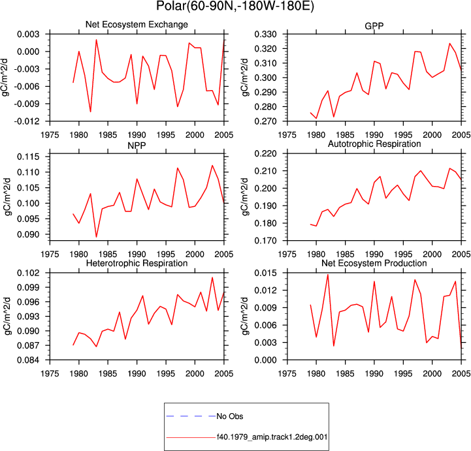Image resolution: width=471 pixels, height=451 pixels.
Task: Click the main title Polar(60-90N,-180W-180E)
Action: pos(235,6)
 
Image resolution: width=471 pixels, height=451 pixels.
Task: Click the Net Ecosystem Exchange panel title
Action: pos(137,24)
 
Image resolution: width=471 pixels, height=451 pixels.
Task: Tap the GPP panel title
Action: pos(374,26)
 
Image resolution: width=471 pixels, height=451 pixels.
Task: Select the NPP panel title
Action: pos(137,146)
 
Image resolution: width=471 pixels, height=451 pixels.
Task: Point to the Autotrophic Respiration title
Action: pos(374,144)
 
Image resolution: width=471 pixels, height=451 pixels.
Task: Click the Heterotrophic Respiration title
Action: pos(137,263)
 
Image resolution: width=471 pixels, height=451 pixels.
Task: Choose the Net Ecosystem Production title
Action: pos(374,263)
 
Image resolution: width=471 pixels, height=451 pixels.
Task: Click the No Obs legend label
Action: pos(230,416)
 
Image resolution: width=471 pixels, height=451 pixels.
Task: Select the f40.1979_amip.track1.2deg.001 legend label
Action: pos(272,437)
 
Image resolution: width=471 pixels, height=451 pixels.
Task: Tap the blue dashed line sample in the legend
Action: pos(191,416)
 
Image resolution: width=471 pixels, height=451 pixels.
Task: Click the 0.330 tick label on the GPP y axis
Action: pos(265,34)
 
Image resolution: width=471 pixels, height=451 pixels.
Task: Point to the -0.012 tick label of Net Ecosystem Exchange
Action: pos(26,121)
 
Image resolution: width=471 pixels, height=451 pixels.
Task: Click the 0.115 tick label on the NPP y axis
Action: pos(28,157)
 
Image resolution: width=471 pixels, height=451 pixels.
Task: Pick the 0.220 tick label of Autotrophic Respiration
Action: pos(265,153)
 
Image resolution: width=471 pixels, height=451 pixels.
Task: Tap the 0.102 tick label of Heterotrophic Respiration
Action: pos(28,273)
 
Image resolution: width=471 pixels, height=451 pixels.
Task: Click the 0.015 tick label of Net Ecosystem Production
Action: pos(265,273)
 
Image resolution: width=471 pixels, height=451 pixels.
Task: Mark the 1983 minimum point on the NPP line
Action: pos(97,237)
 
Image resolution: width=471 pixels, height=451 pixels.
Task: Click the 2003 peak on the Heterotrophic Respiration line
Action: pos(212,277)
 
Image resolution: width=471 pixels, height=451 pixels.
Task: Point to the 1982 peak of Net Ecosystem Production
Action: pos(328,275)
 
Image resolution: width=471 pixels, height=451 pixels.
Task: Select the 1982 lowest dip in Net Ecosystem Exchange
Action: pos(90,112)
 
